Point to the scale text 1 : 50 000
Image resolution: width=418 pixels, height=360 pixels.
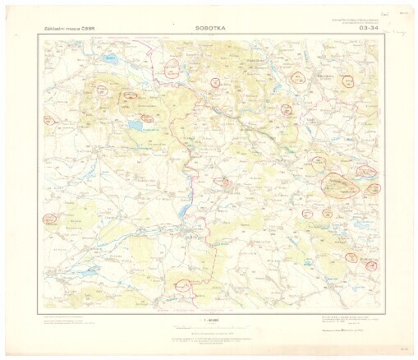point(209,316)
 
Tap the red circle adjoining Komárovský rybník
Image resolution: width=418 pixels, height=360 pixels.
point(129,95)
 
